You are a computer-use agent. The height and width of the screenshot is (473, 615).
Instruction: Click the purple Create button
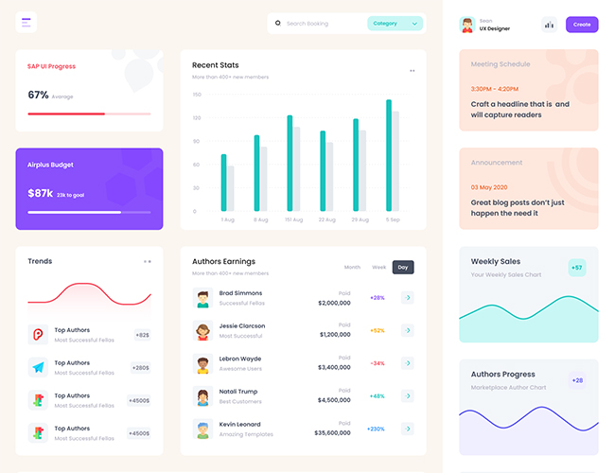pyautogui.click(x=582, y=25)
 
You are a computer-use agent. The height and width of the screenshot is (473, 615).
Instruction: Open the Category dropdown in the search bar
pyautogui.click(x=394, y=24)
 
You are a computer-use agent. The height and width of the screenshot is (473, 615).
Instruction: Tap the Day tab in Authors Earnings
pyautogui.click(x=403, y=268)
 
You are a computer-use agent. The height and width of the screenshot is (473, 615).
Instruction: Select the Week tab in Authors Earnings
pyautogui.click(x=378, y=268)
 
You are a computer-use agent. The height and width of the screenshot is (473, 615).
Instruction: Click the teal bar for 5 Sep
pyautogui.click(x=388, y=155)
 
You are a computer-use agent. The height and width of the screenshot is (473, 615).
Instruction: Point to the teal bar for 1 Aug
pyautogui.click(x=223, y=183)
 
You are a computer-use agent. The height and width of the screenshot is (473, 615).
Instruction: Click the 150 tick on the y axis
pyautogui.click(x=196, y=95)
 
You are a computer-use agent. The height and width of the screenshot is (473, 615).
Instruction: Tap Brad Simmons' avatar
pyautogui.click(x=202, y=298)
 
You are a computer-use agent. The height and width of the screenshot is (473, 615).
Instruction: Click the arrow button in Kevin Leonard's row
pyautogui.click(x=408, y=429)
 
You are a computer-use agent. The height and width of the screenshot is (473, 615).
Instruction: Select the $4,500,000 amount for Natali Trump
pyautogui.click(x=334, y=400)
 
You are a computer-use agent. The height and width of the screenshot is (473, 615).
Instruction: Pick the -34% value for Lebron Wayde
pyautogui.click(x=377, y=363)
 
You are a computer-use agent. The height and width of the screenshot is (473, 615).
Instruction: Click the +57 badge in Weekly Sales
pyautogui.click(x=577, y=268)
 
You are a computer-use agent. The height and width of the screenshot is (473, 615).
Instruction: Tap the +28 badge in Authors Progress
pyautogui.click(x=577, y=380)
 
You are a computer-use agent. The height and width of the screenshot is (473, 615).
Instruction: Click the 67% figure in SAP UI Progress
pyautogui.click(x=38, y=96)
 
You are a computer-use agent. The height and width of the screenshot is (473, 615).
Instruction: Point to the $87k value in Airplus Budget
pyautogui.click(x=40, y=193)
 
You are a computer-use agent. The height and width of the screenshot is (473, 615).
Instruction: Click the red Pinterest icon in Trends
pyautogui.click(x=38, y=334)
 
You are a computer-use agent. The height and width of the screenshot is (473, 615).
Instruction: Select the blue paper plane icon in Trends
pyautogui.click(x=38, y=367)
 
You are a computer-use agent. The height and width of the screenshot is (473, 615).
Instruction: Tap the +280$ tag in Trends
pyautogui.click(x=140, y=368)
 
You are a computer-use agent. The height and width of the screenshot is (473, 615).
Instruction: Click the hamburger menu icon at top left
pyautogui.click(x=26, y=23)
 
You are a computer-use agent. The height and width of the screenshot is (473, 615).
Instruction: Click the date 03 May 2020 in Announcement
pyautogui.click(x=490, y=187)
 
